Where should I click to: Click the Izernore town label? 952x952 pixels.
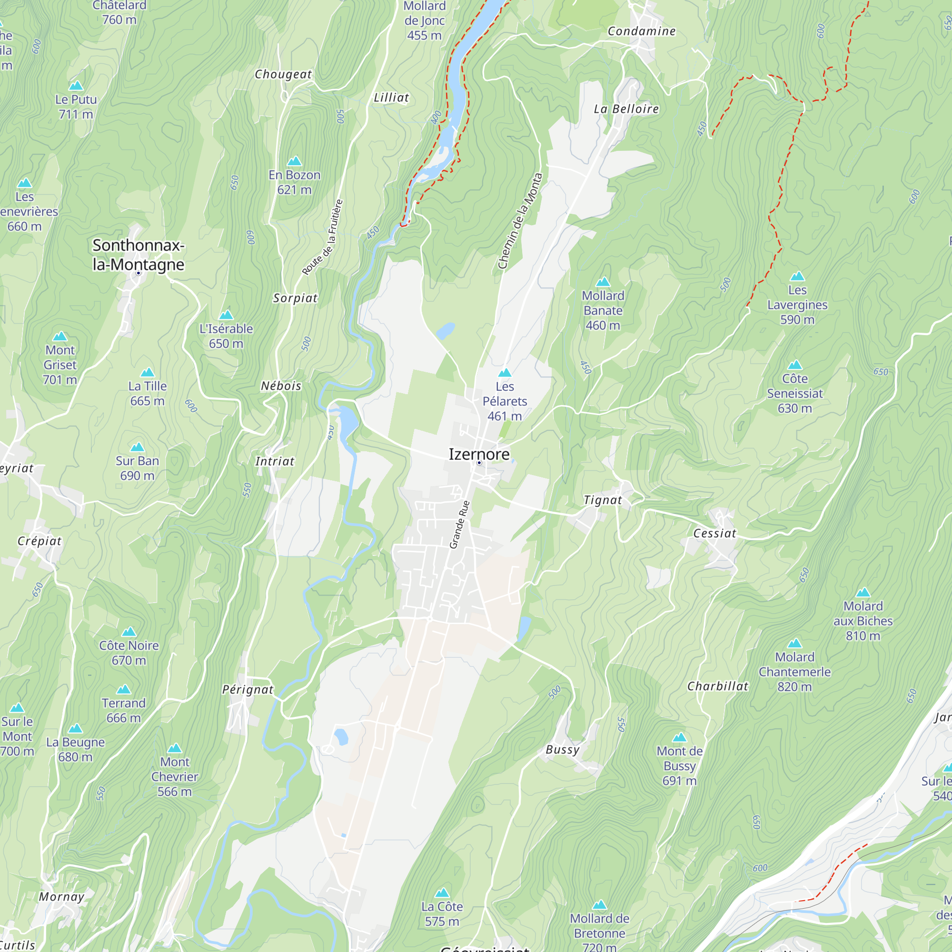pos(478,454)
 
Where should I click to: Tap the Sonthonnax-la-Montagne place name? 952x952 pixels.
pos(138,255)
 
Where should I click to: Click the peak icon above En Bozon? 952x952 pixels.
pos(294,161)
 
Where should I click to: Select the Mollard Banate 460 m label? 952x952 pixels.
pos(603,310)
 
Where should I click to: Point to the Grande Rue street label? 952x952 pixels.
pos(459,524)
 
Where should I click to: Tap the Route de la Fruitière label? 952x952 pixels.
pos(322,237)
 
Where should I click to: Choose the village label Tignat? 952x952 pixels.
pos(602,500)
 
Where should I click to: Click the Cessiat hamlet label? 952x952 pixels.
pos(714,533)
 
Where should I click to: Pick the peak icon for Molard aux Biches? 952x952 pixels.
pos(863,592)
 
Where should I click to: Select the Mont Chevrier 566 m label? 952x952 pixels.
pos(174,776)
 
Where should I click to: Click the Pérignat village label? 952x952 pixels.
pos(248,689)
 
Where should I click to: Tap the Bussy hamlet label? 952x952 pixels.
pos(562,750)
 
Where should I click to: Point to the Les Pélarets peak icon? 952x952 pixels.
pos(505,373)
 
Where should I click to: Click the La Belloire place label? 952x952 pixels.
pos(626,109)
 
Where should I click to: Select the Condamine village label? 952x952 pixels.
pos(641,31)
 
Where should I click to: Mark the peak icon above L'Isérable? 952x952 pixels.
pos(226,315)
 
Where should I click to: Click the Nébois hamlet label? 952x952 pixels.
pos(281,386)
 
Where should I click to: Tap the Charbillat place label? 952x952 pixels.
pos(717,686)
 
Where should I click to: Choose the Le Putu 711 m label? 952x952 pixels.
pos(76,107)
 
